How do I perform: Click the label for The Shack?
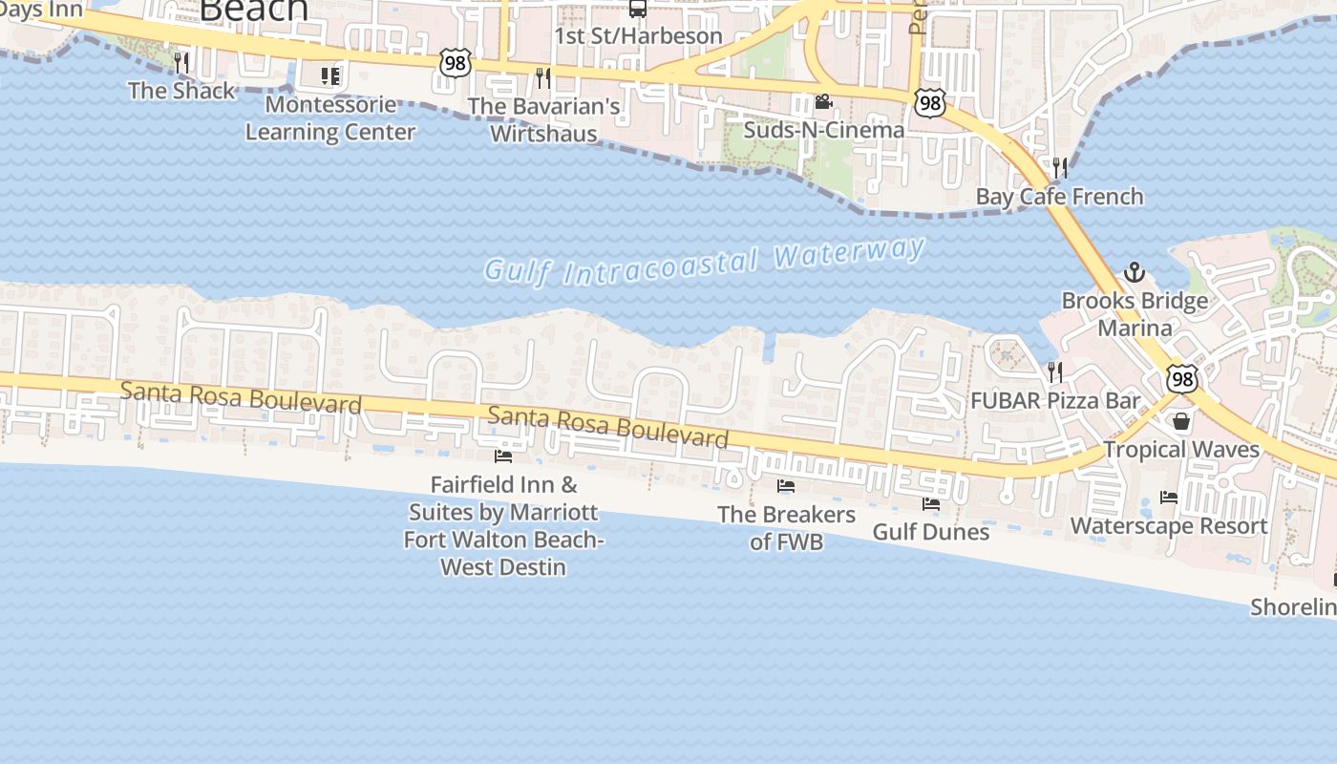(181, 91)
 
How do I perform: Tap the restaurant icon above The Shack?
(181, 63)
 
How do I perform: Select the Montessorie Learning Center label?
(330, 118)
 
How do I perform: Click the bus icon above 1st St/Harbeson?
(637, 9)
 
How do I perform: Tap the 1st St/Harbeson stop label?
(638, 36)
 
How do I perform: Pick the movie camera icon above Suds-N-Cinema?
(823, 101)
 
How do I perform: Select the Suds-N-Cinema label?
(823, 130)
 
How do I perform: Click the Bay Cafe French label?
(1059, 197)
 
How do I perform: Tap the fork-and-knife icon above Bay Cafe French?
(1059, 168)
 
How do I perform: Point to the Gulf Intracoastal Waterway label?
(705, 260)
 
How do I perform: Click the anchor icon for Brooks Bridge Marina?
(1134, 272)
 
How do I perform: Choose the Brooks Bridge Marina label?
(1135, 314)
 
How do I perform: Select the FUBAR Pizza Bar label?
(1055, 401)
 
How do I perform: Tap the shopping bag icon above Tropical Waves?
(1181, 421)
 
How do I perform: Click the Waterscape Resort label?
(1169, 526)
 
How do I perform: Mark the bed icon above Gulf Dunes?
(931, 504)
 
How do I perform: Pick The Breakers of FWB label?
(786, 528)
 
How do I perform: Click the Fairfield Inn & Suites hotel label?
(503, 526)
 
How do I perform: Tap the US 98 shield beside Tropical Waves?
(1182, 379)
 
